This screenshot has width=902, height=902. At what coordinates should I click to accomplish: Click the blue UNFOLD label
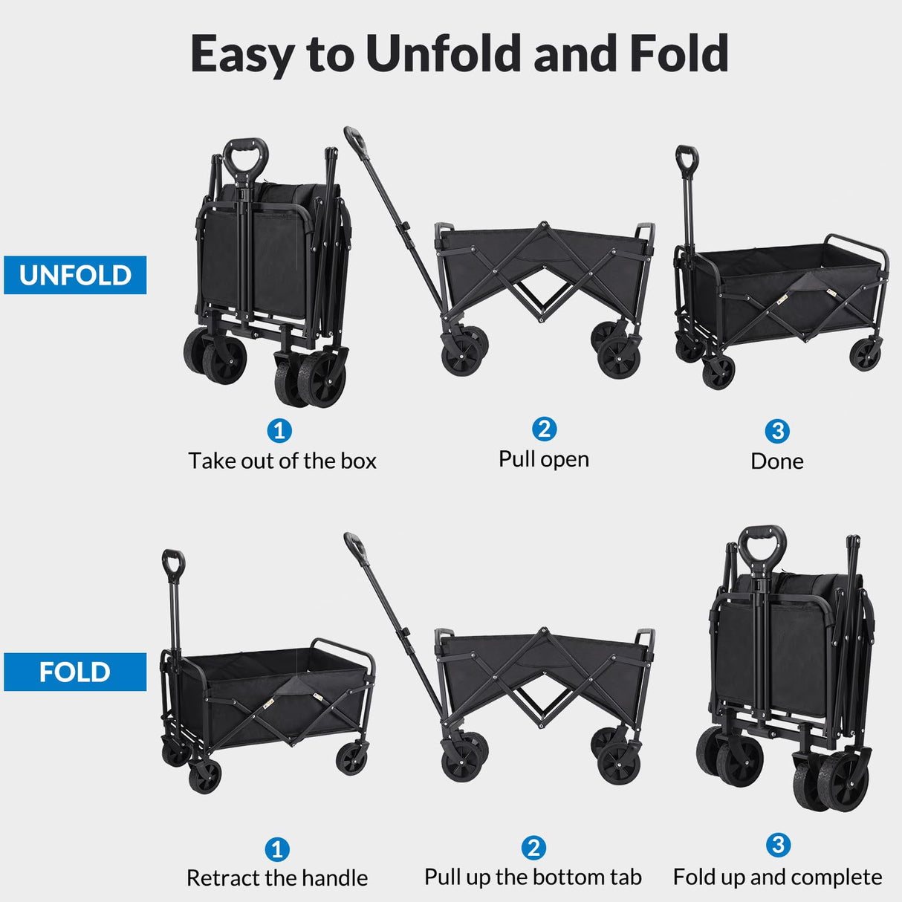tap(75, 275)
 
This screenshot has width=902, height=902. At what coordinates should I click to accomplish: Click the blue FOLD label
tap(75, 672)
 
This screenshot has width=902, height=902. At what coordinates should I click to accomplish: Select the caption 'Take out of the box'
tap(282, 461)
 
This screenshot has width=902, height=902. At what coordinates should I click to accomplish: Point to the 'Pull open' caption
tap(544, 459)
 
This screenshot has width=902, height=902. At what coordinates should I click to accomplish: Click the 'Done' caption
tap(777, 461)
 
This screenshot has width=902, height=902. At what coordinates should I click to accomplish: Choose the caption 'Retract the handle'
tap(277, 878)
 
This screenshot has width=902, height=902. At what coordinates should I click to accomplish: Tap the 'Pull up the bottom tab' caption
tap(533, 877)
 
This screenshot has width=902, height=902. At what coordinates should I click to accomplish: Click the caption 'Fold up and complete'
tap(777, 877)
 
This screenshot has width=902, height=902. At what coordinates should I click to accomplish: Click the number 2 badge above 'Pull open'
tap(545, 429)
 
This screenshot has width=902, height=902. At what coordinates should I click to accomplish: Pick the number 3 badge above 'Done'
tap(777, 431)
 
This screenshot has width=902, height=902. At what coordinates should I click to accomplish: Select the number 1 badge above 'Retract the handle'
tap(277, 849)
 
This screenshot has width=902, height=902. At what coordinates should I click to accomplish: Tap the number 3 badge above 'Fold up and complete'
tap(778, 845)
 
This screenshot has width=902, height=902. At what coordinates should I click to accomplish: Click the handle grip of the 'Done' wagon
tap(687, 158)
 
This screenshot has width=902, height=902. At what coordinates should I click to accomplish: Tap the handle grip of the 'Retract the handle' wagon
tap(173, 562)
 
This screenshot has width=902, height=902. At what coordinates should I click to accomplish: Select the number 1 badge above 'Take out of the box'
tap(279, 430)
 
